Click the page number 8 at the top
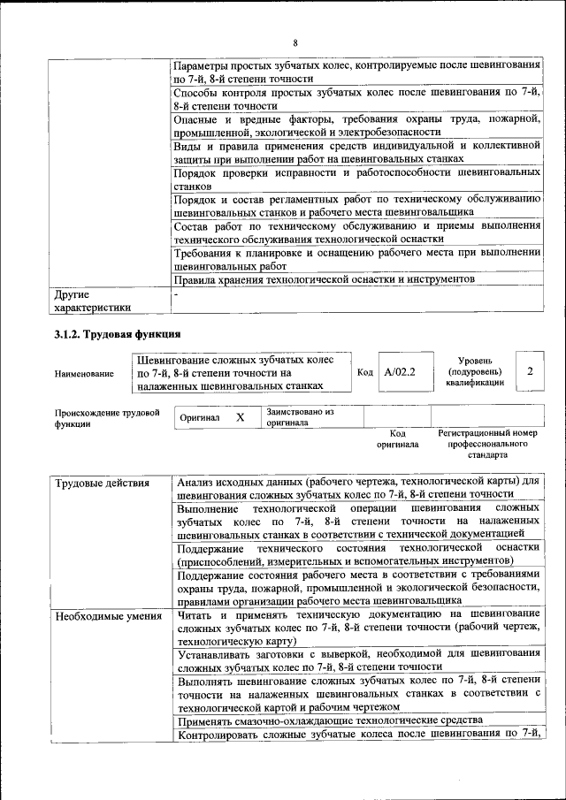[x=295, y=42]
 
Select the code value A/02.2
[x=400, y=372]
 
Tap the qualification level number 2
[x=529, y=372]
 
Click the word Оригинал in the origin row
[x=200, y=417]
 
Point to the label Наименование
[x=84, y=374]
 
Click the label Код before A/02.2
[x=364, y=373]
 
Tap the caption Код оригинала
[x=398, y=439]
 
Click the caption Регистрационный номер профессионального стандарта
[x=487, y=445]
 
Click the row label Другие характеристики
[x=93, y=300]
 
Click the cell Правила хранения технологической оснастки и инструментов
[x=325, y=279]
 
